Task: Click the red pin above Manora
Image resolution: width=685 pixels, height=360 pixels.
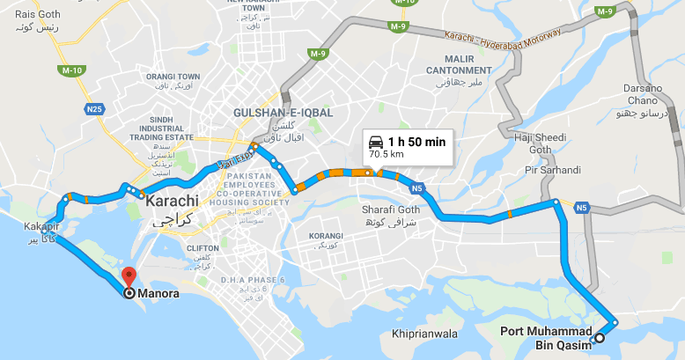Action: (129, 276)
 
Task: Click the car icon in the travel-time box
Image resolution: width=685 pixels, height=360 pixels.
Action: (375, 141)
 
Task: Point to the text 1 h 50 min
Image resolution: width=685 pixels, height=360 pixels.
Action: (417, 141)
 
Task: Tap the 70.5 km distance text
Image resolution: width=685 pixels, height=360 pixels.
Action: (387, 154)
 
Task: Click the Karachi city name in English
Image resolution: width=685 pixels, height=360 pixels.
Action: (171, 202)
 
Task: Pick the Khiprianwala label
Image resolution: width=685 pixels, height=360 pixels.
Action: (424, 334)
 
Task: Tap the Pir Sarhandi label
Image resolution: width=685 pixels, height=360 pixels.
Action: (554, 169)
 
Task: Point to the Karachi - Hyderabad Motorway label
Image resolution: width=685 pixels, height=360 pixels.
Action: (505, 41)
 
